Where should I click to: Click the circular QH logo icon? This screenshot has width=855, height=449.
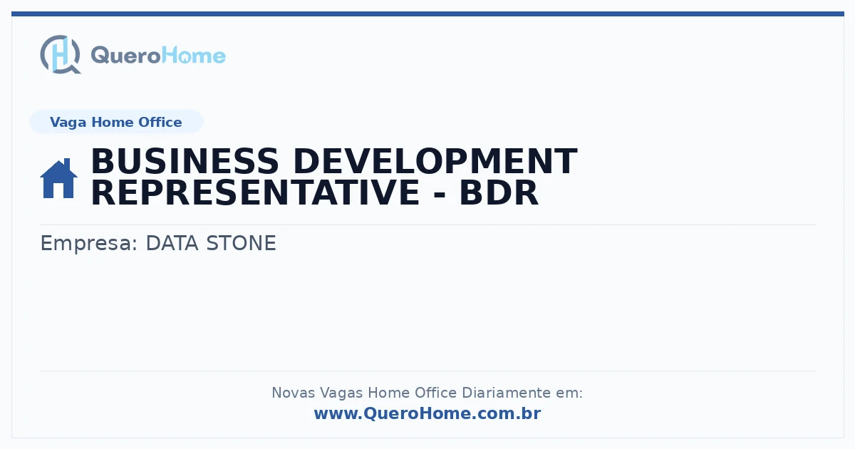[61, 55]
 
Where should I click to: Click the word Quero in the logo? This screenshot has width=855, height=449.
[126, 56]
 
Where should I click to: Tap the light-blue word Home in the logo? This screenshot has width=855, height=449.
[194, 56]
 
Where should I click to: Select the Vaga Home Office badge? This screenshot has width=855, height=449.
[116, 122]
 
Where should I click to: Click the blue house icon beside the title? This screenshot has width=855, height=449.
[58, 178]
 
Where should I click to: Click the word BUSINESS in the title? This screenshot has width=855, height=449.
[185, 162]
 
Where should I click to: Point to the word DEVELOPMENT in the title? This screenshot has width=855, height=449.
[435, 162]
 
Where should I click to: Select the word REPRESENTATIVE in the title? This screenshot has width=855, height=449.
[256, 193]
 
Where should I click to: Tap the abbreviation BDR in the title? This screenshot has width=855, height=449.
[499, 193]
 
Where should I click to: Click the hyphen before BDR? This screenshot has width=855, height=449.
[440, 195]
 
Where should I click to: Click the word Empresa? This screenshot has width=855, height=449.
[88, 244]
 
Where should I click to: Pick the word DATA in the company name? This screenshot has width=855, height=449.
[172, 243]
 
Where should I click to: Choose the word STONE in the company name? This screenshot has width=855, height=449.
[242, 243]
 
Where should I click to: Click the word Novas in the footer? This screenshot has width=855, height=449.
[293, 393]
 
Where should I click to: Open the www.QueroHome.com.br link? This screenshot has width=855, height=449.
[427, 413]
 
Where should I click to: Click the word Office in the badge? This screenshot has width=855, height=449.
[160, 122]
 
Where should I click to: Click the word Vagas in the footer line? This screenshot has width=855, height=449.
[341, 393]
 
